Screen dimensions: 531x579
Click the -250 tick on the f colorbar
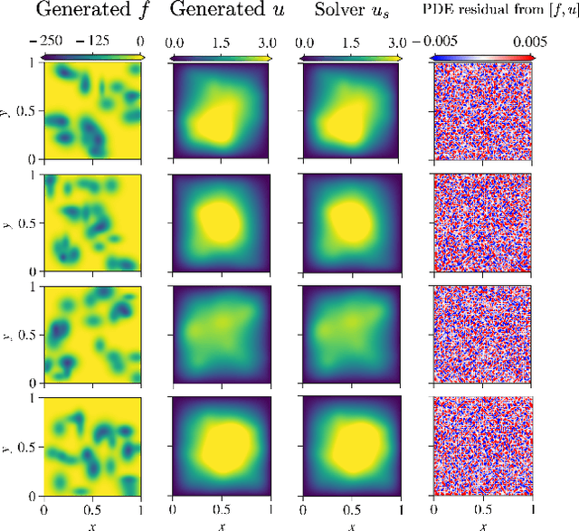(57, 42)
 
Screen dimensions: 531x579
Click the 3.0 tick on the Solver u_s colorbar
(395, 42)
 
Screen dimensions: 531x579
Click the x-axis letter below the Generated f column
(93, 524)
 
